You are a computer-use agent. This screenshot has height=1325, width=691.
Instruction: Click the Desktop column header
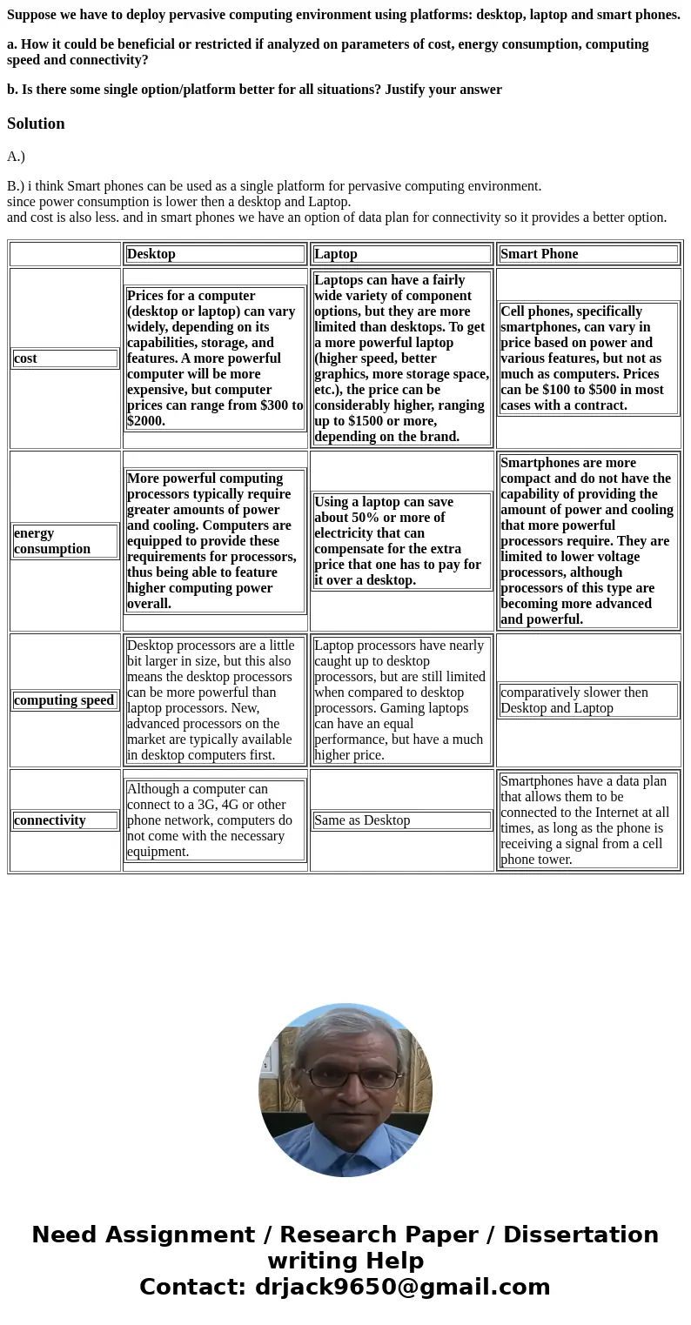tap(151, 254)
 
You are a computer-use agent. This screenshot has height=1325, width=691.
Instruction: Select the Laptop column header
tap(336, 254)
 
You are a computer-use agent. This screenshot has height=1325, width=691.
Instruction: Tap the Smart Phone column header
tap(540, 254)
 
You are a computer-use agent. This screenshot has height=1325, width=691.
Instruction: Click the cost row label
tap(26, 358)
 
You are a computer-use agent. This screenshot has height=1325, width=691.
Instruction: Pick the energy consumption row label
tap(52, 541)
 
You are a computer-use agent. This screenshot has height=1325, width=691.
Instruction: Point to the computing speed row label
tap(64, 700)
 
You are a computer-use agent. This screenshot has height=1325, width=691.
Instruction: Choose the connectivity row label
tap(50, 820)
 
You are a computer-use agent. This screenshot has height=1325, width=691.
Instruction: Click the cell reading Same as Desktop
tap(362, 820)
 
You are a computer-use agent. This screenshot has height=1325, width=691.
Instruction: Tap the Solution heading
tap(36, 124)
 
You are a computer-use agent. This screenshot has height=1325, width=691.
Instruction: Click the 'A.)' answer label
tap(16, 157)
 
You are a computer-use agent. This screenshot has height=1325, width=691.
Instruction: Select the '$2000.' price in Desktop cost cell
tap(146, 421)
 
